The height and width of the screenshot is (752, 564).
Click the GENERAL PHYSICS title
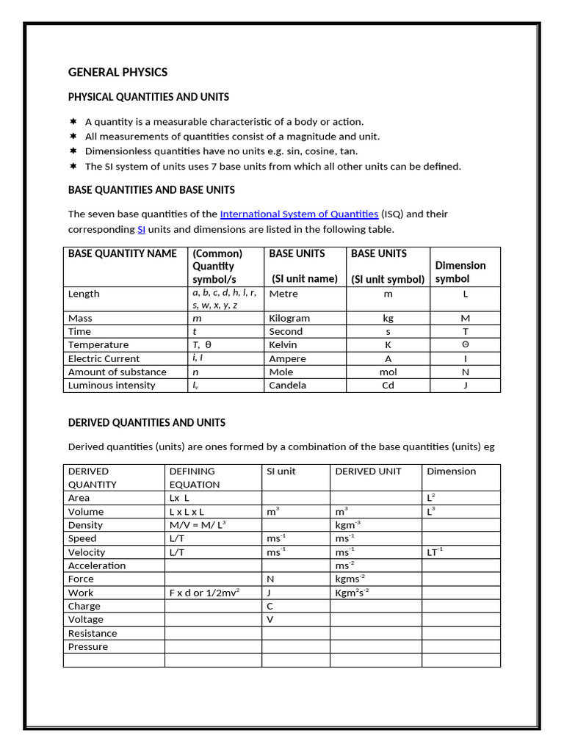[117, 72]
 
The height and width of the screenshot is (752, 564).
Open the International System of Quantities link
[299, 214]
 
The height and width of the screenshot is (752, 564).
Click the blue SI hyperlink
[141, 229]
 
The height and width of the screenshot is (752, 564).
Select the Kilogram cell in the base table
[289, 318]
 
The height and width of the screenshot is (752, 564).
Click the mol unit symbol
[388, 372]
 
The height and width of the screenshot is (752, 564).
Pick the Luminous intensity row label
[112, 385]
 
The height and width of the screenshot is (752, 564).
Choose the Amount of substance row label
[117, 372]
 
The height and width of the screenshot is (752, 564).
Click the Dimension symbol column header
[460, 272]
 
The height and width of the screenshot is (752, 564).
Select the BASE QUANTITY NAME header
[122, 253]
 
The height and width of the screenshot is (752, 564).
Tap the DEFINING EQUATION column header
[194, 477]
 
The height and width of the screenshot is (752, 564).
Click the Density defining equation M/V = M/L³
[198, 525]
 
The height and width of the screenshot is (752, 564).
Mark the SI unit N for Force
[270, 579]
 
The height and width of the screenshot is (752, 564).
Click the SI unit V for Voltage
[270, 619]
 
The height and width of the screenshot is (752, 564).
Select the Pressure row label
[87, 646]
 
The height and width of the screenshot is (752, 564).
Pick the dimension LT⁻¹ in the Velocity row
[435, 552]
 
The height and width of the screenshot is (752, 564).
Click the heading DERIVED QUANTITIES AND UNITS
[146, 422]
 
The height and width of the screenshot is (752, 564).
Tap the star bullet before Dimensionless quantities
[73, 151]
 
